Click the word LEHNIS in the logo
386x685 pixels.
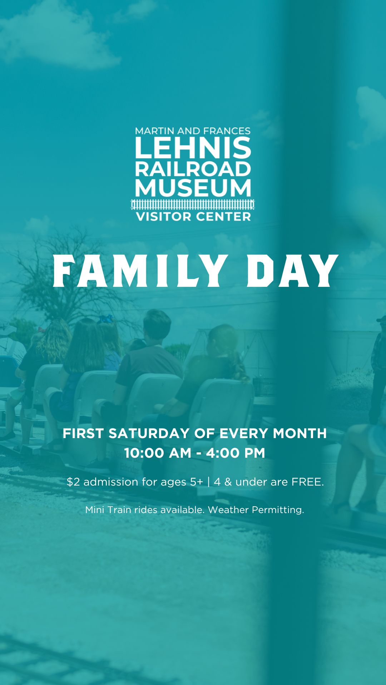click(193, 148)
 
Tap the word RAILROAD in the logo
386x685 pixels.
click(193, 169)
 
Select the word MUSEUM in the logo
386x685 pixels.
click(193, 188)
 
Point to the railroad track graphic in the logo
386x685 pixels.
click(193, 204)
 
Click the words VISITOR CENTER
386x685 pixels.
click(193, 216)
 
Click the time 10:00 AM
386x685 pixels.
click(158, 453)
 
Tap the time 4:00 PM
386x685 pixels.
click(236, 453)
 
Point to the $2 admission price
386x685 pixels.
click(73, 482)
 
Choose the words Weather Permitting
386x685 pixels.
click(256, 510)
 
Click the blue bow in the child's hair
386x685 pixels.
click(106, 319)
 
